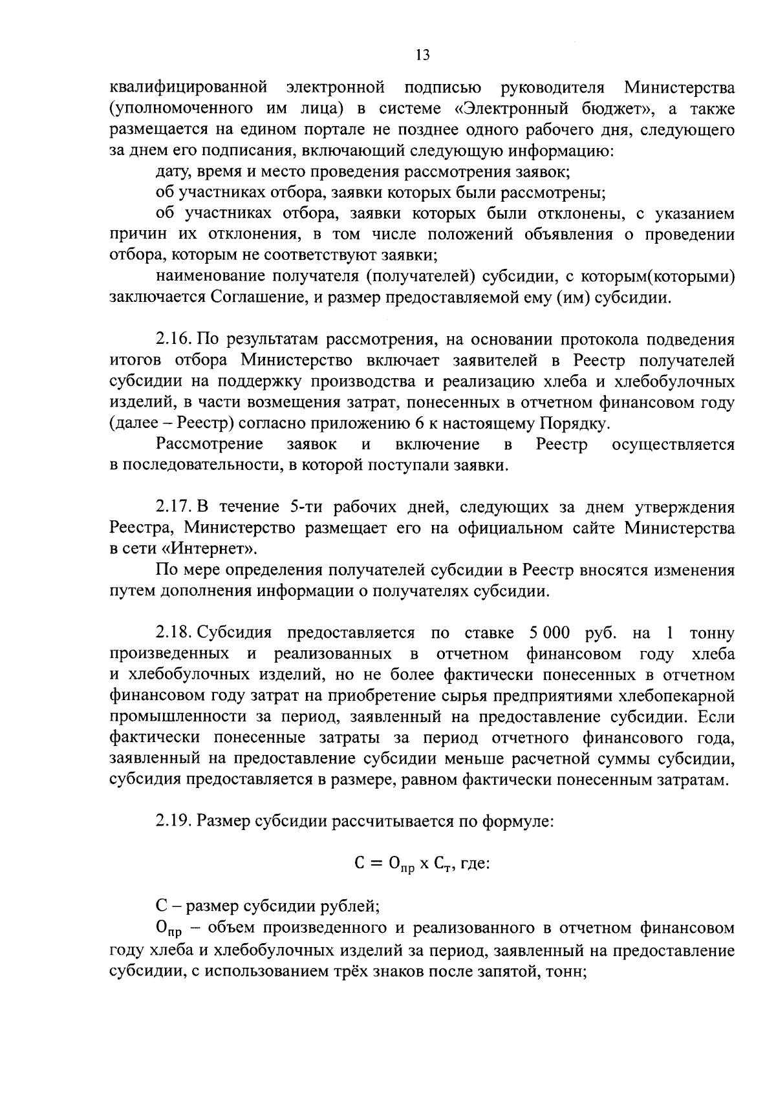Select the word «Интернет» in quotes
213,549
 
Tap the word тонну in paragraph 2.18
712,632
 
